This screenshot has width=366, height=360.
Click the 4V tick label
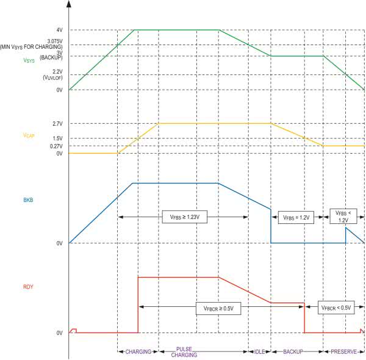tap(59, 30)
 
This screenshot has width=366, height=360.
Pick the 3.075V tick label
tap(55, 41)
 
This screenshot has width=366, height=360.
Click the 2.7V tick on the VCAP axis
tap(57, 124)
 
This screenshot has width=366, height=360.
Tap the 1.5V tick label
tap(57, 139)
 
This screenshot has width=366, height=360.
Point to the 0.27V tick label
tap(56, 146)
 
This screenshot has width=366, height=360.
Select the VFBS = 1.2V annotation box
tap(295, 217)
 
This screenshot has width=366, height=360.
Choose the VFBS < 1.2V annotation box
tap(342, 216)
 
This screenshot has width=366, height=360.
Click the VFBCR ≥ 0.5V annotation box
tap(219, 308)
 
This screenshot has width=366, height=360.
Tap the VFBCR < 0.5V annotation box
tap(336, 308)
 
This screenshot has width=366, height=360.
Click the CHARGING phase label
tap(138, 352)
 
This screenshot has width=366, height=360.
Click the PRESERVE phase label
tap(343, 352)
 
